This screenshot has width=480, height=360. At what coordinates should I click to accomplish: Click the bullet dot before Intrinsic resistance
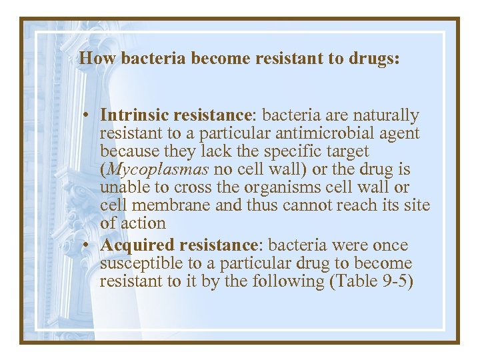coord(87,116)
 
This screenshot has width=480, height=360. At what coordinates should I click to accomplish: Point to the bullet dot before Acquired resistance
coord(87,245)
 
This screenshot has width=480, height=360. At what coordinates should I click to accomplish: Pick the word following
coord(289,281)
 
